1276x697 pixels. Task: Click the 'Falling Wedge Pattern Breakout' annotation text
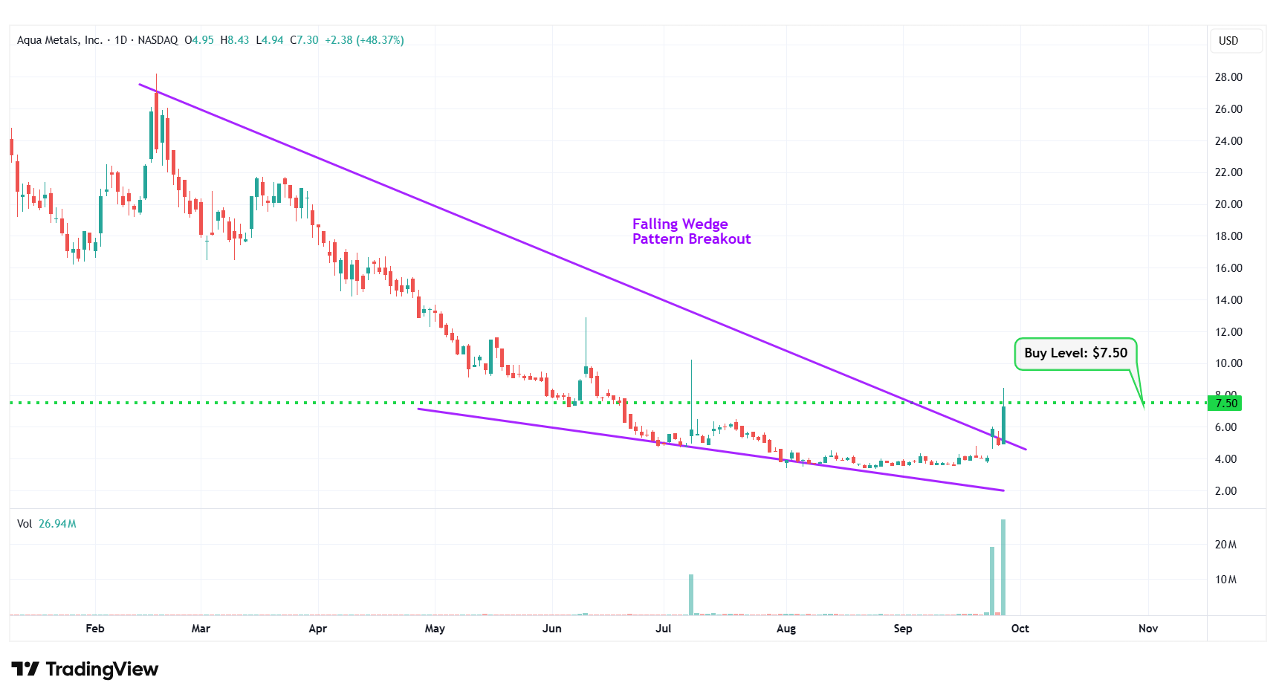690,231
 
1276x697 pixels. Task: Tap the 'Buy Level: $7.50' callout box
1075,354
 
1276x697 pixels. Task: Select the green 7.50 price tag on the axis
1225,403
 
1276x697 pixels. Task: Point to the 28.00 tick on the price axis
1228,77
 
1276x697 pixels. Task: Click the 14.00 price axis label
1228,300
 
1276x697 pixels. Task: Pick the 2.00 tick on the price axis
1225,491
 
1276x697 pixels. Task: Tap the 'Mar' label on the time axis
201,629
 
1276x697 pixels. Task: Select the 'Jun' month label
551,629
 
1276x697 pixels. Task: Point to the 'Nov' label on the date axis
1147,629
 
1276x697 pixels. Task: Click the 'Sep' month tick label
902,629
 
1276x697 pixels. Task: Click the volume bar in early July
691,594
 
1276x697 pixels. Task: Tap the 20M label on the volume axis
1225,545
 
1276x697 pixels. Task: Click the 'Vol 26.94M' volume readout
47,524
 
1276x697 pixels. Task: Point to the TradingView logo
85,670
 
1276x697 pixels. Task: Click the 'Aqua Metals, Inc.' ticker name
59,40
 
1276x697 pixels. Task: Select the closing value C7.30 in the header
304,40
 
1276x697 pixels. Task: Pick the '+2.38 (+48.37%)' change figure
364,40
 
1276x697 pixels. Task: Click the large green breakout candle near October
1003,424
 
